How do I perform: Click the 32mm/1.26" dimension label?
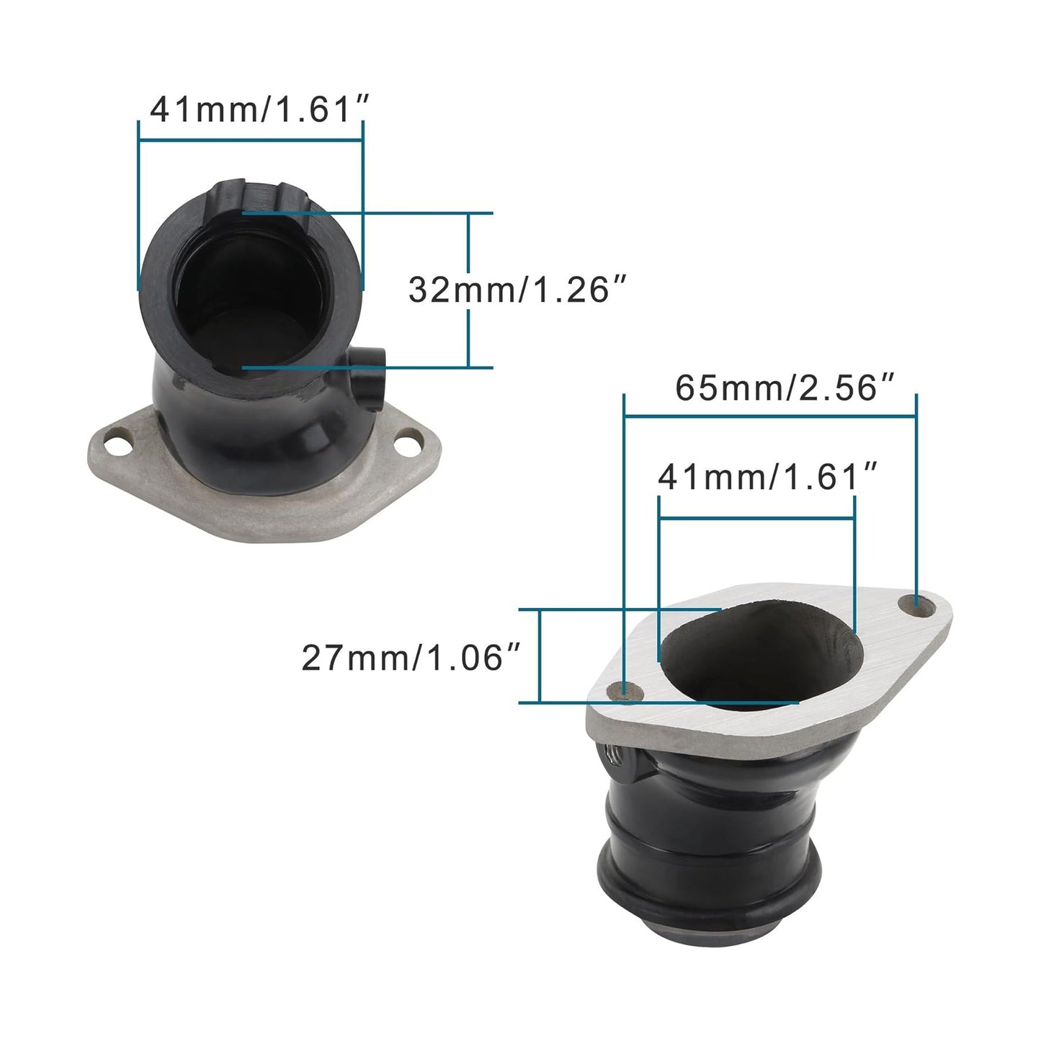[x=514, y=290]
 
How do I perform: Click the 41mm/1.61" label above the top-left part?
[x=259, y=110]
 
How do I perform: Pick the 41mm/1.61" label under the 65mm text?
[x=768, y=477]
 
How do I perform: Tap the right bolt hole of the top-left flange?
[x=411, y=438]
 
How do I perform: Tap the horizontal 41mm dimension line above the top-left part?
[x=251, y=142]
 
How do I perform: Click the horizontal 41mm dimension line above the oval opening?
[x=756, y=517]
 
